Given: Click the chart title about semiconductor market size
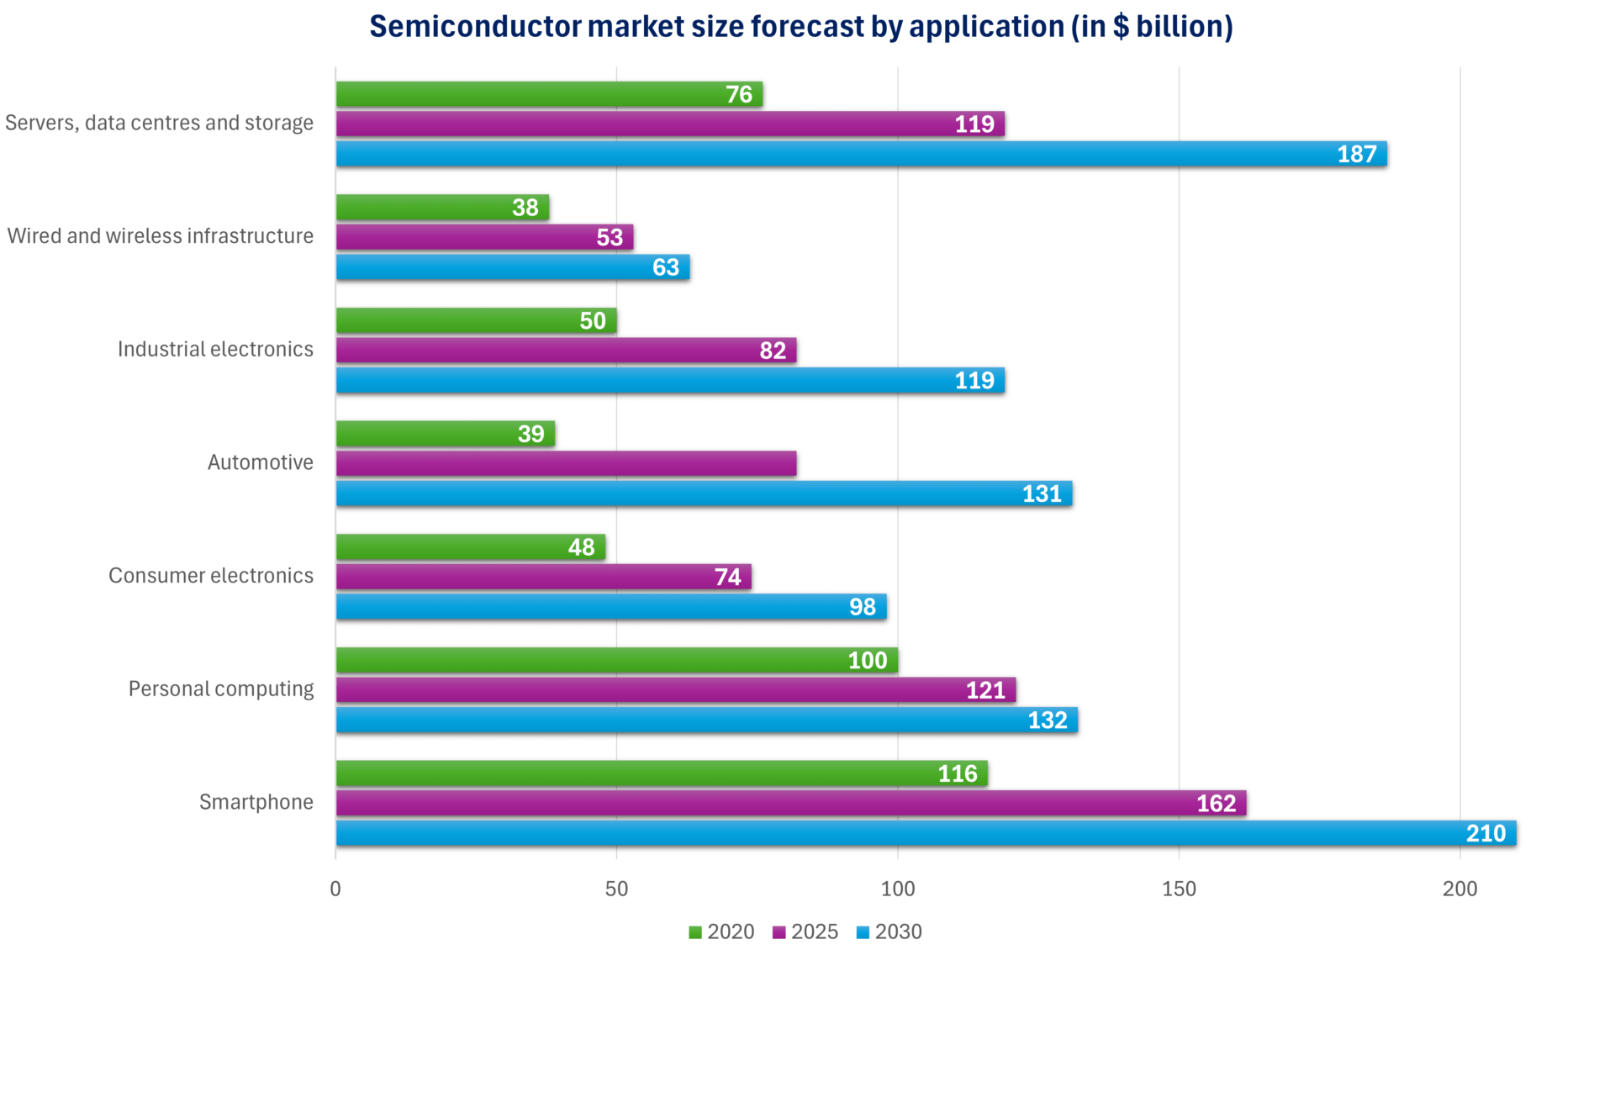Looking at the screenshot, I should [x=800, y=27].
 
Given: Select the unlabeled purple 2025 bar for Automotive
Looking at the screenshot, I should [x=566, y=463].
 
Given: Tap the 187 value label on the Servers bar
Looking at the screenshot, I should [x=1356, y=155].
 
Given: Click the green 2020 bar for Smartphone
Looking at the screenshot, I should [x=661, y=773].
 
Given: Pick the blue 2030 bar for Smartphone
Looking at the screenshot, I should [x=925, y=833].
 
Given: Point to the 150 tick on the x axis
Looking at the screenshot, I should [x=1178, y=889].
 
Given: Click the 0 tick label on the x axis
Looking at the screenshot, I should [x=335, y=889].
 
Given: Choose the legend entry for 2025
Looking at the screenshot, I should [x=805, y=931].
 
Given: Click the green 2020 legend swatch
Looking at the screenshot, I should [x=695, y=932].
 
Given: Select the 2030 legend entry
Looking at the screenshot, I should [x=889, y=931].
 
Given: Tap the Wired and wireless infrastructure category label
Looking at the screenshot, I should [x=160, y=236].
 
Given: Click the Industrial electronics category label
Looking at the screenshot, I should [x=215, y=350].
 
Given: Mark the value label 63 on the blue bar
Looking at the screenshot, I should [x=665, y=267].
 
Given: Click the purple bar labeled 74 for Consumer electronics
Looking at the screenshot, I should [x=543, y=577].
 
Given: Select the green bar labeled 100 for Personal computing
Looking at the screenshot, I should [x=616, y=661].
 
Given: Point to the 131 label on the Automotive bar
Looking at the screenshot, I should [x=1041, y=494].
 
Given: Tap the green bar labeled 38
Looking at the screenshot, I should [x=442, y=208].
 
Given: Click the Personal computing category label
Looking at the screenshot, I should [x=220, y=689].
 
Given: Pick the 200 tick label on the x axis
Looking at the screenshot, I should [x=1459, y=889].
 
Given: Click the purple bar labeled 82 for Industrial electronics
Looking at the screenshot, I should [x=566, y=351].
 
